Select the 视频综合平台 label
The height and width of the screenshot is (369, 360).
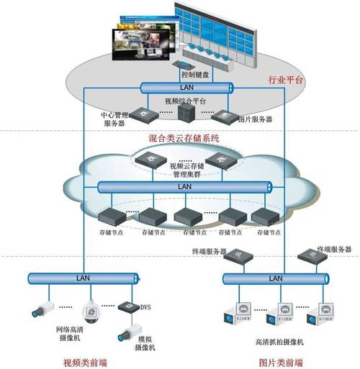click(185, 100)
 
